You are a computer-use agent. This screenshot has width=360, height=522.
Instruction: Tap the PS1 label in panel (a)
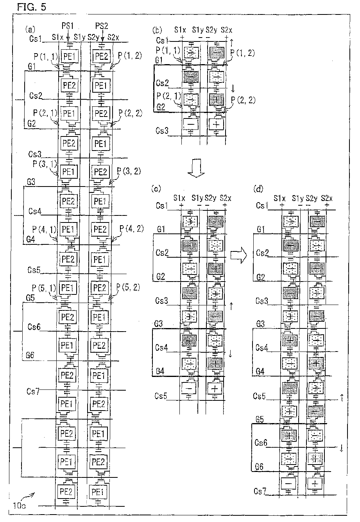click(68, 26)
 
